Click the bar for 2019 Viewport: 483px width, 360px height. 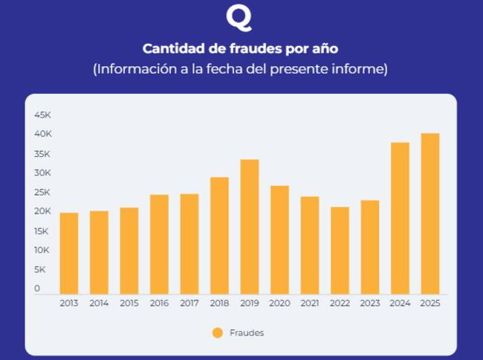tap(250, 227)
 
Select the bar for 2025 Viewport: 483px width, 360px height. tap(430, 213)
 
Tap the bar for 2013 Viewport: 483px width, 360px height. tap(69, 254)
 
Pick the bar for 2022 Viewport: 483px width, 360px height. tap(340, 251)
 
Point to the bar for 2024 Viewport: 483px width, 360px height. tap(400, 218)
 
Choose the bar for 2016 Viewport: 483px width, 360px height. tap(159, 244)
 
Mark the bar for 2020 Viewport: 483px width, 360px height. tap(279, 240)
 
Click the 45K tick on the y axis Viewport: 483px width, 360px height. tap(42, 115)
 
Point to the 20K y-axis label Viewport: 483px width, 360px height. tap(42, 211)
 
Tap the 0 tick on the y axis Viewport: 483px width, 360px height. tap(37, 289)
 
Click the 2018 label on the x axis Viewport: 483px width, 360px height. tap(219, 304)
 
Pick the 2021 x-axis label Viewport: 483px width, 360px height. tap(310, 304)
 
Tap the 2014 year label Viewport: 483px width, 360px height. tap(99, 304)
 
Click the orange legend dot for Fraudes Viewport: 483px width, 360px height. tap(217, 332)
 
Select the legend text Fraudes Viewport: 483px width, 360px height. tap(247, 332)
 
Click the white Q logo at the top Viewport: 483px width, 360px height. tap(239, 17)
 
